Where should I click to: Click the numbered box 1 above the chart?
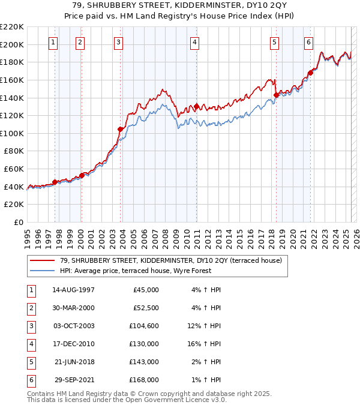click(54, 42)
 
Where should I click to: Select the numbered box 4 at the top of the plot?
click(196, 42)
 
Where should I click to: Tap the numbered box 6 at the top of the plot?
click(308, 42)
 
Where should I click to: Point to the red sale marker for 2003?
click(121, 129)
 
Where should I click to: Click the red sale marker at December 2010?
click(197, 107)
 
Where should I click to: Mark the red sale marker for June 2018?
click(276, 95)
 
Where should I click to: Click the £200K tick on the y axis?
click(12, 44)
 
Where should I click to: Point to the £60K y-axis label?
click(14, 169)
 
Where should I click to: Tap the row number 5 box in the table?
click(29, 362)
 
